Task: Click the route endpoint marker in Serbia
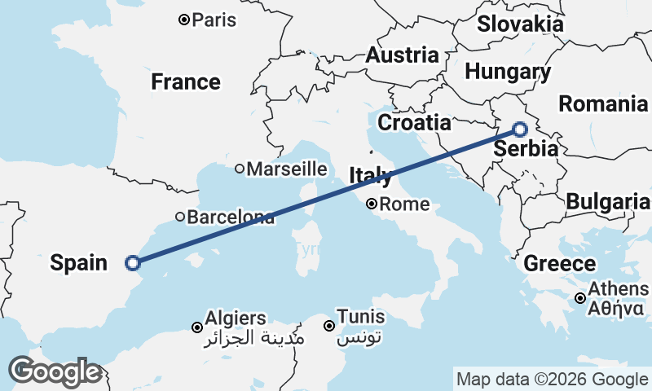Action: (x=520, y=129)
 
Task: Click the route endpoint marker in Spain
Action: (x=132, y=262)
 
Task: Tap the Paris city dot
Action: (x=184, y=20)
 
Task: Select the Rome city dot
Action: (x=371, y=204)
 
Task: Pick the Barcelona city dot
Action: (x=180, y=217)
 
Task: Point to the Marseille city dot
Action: (x=240, y=169)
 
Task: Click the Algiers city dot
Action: (x=196, y=327)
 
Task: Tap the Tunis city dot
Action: (x=329, y=326)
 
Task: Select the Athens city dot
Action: (x=579, y=298)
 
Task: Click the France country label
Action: (x=185, y=82)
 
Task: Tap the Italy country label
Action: (x=370, y=175)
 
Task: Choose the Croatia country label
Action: (x=415, y=123)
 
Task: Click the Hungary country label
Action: (x=507, y=72)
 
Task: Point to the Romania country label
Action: (x=602, y=103)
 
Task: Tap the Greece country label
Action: (x=559, y=264)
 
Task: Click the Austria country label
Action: (x=402, y=55)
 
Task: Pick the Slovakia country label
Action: (x=520, y=24)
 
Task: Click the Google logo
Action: (x=55, y=371)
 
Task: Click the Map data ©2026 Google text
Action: (x=551, y=379)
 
